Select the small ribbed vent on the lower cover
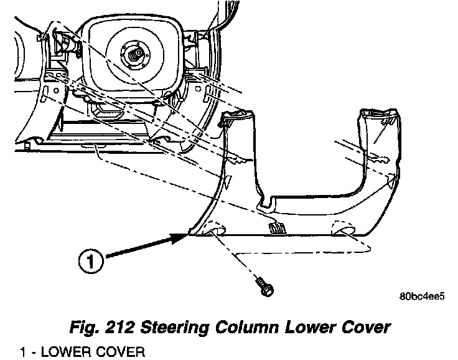[275, 228]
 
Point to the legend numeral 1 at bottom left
[22, 353]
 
